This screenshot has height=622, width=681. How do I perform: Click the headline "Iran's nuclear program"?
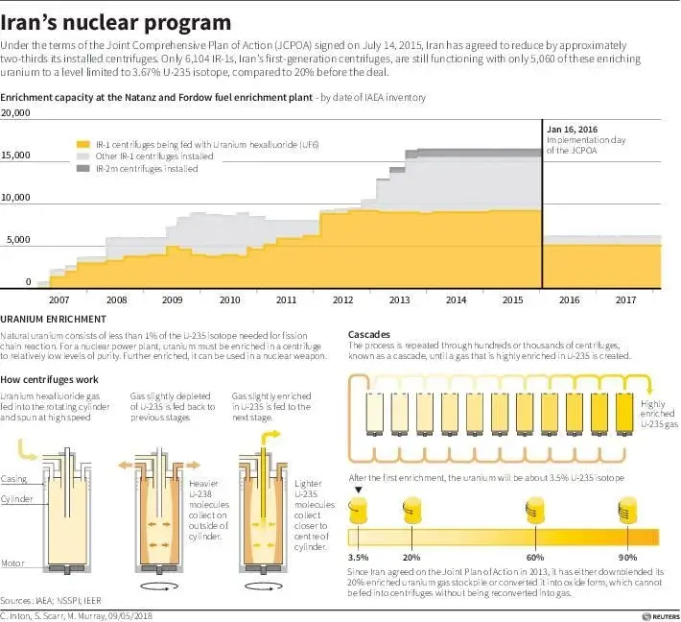point(116,21)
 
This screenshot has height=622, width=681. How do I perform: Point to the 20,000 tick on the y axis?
point(17,113)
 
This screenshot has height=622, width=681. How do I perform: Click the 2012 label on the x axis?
point(342,299)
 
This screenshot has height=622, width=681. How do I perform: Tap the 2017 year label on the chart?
point(624,299)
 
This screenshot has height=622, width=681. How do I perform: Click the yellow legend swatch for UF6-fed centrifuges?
point(84,143)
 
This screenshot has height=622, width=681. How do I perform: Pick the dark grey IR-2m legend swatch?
point(84,169)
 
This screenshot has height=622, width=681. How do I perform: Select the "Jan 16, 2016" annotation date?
point(573,129)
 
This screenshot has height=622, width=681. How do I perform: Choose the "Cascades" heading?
point(368,333)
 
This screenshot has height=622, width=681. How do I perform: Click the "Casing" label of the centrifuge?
point(13,478)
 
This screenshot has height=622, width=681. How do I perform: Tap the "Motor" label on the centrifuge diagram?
point(12,563)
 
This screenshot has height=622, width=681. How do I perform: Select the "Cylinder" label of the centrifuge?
point(16,500)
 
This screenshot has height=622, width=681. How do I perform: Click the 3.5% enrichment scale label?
point(357,557)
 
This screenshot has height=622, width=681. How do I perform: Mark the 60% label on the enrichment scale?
point(534,557)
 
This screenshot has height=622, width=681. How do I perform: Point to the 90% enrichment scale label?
point(629,557)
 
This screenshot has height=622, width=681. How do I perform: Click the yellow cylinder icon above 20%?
point(413,510)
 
